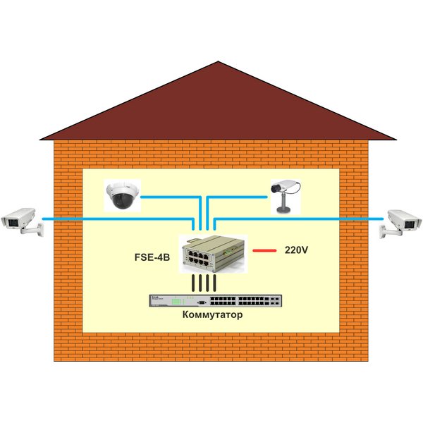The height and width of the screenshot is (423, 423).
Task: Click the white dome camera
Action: click(123, 195)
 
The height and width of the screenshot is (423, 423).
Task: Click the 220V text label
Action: click(295, 250)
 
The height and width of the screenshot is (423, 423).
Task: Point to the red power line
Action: click(265, 250)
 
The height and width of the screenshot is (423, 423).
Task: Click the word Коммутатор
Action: click(211, 315)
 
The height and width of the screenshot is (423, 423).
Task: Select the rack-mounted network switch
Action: click(211, 300)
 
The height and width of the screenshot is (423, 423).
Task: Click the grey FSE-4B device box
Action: click(211, 254)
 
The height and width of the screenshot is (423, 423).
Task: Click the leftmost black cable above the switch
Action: click(192, 283)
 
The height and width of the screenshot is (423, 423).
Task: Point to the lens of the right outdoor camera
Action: click(415, 223)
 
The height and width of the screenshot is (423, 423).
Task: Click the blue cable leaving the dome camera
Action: click(169, 197)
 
